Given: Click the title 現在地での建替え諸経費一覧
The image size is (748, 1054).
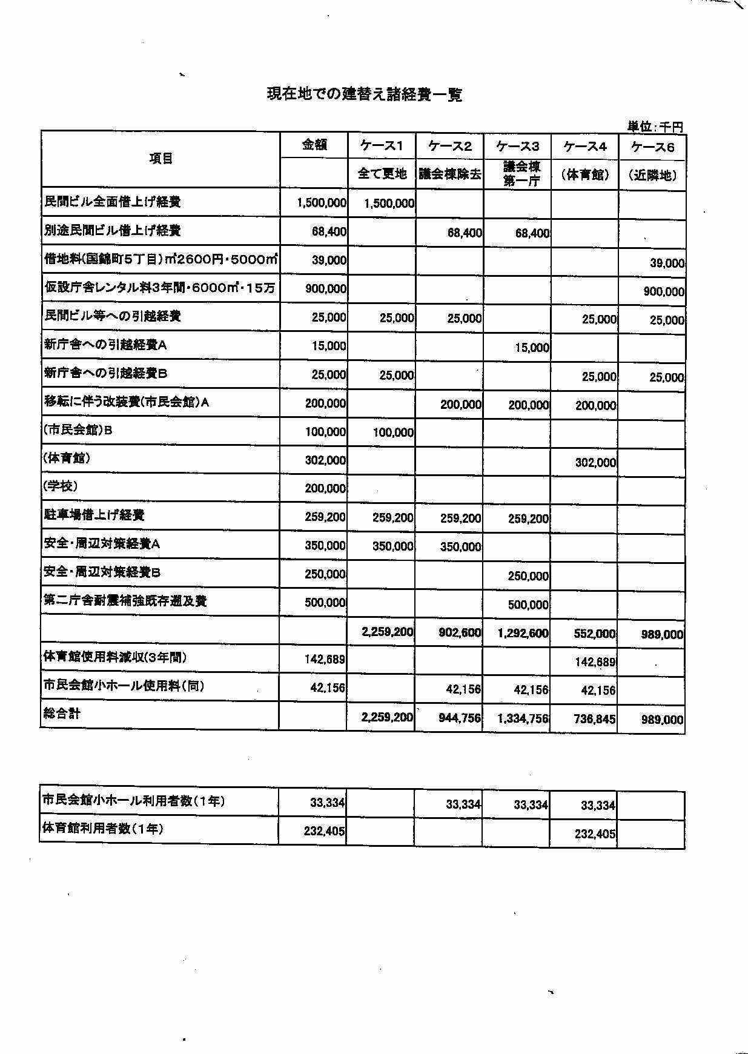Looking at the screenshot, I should coord(365,94).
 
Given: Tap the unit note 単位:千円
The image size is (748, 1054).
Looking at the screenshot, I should coord(655,127).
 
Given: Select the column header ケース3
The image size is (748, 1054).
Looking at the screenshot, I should coord(517,146).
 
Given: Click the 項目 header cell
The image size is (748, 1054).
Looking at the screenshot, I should coord(161,159).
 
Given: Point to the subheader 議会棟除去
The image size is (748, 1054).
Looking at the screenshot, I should coord(449,174).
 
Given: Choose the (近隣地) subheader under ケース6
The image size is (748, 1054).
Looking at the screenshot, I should coord(652,176).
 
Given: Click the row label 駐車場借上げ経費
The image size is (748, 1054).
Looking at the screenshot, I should coord(94,515).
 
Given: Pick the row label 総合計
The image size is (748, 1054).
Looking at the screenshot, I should coord(62,714).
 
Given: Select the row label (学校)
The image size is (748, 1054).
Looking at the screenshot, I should coord(61,486).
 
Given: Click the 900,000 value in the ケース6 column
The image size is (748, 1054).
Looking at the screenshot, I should coord(664,292).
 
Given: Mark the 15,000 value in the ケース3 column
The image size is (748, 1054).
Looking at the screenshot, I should coord(532,348).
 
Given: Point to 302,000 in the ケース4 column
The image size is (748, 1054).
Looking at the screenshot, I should coord(595,463).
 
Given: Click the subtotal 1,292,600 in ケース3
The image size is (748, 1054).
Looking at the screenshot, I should coord(523,634).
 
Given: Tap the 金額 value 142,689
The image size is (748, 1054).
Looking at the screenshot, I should coord(325,660).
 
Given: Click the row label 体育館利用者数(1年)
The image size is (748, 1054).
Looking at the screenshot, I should coord(103,829).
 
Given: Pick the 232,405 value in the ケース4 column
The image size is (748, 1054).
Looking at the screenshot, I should coord(595,834).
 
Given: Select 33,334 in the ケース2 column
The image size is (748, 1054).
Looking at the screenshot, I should coord(463,804).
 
